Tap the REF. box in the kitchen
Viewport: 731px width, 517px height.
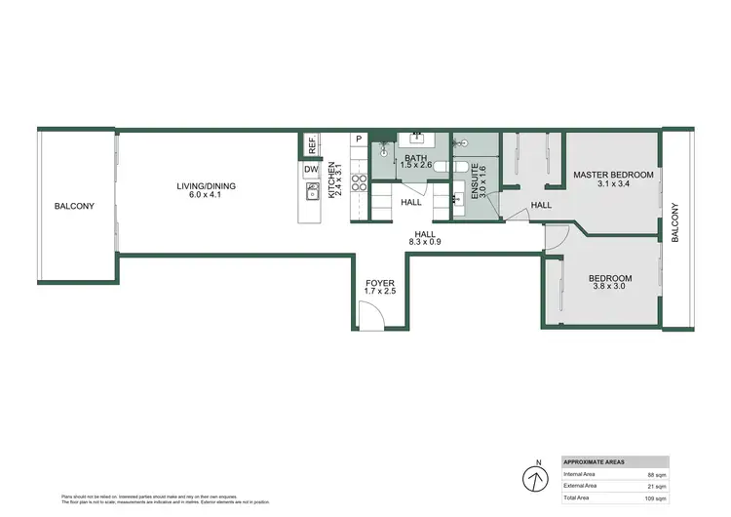pos(312,145)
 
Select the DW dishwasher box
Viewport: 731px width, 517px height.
pos(311,170)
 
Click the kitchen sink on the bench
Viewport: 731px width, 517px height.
pos(313,192)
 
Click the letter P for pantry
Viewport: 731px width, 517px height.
pos(359,139)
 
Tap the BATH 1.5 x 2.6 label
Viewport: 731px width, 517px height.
pos(416,163)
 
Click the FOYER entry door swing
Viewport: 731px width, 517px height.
pos(371,315)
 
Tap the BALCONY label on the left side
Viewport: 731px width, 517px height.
pos(74,206)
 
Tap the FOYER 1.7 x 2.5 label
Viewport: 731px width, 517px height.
pos(380,287)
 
